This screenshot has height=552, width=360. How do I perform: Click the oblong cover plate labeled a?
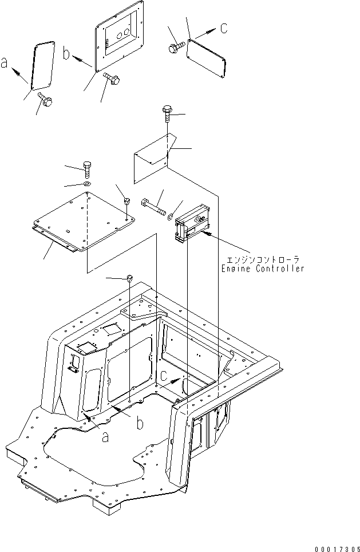point(43,65)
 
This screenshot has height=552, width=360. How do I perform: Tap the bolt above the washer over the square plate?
point(87,169)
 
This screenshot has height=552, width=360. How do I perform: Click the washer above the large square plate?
point(86,184)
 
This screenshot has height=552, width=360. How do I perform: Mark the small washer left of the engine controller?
point(170,216)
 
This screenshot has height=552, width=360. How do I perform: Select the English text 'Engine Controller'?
point(262,269)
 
